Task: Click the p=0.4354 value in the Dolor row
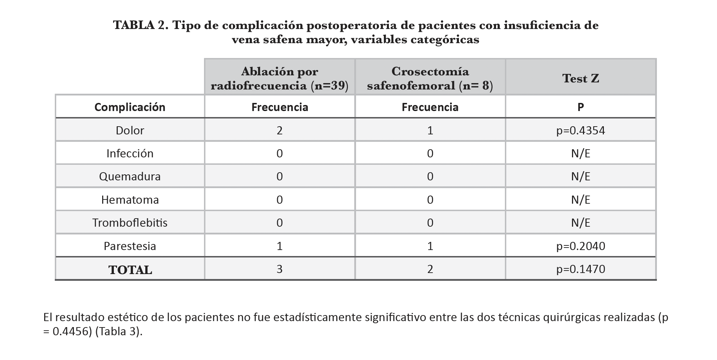[581, 130]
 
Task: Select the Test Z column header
[581, 78]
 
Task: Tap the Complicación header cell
[130, 107]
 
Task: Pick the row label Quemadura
[130, 176]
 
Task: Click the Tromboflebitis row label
[130, 223]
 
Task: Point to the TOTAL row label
[130, 270]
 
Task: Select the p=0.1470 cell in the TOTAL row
[581, 269]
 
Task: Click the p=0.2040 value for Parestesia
[581, 246]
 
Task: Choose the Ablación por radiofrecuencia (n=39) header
[280, 79]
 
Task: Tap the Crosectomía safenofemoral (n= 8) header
[430, 79]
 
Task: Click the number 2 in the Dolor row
[280, 130]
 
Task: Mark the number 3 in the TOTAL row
[280, 269]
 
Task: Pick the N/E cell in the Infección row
[581, 153]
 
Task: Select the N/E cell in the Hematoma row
[581, 200]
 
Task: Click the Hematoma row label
[130, 200]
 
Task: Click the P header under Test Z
[581, 107]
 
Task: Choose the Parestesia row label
[130, 246]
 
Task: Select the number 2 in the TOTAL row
[430, 269]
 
